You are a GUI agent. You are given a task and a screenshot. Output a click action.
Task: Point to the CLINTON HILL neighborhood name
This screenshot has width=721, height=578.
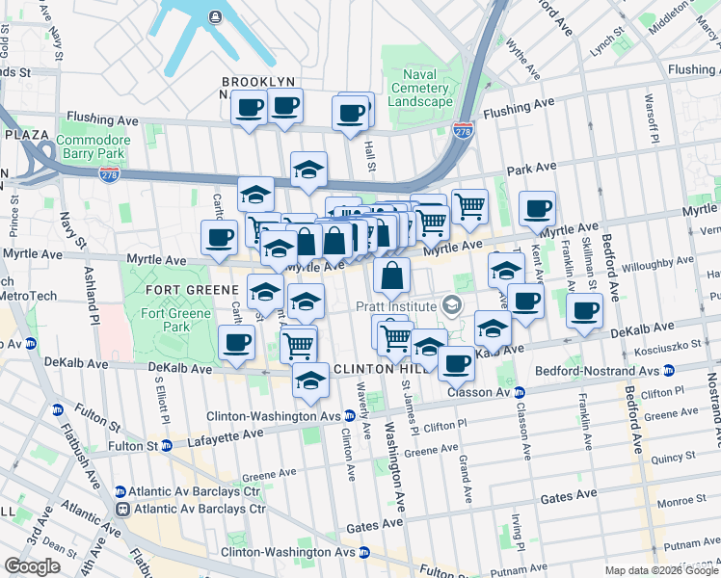coord(377,369)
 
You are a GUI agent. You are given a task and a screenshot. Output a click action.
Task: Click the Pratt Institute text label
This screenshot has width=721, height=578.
coord(395,306)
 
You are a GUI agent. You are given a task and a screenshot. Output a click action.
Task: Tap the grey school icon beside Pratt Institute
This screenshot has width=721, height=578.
coord(451,306)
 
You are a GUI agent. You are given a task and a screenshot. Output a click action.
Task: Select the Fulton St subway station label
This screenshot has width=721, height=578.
coord(132,446)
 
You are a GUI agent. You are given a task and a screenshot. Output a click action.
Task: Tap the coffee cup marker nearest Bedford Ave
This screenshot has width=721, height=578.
coord(585,312)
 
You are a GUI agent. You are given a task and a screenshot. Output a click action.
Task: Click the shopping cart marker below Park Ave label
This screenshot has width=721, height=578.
coord(468,205)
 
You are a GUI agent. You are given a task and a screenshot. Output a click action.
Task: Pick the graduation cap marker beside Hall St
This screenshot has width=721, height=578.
coord(308,170)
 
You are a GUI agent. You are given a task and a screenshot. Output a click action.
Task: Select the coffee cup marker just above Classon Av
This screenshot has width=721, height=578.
coord(457,363)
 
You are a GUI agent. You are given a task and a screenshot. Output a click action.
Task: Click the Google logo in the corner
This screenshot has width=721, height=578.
coord(33,566)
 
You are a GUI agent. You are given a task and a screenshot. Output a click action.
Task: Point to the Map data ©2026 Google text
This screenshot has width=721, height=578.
coord(661,570)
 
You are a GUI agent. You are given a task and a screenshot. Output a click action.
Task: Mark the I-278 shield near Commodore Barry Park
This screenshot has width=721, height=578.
coord(109,173)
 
